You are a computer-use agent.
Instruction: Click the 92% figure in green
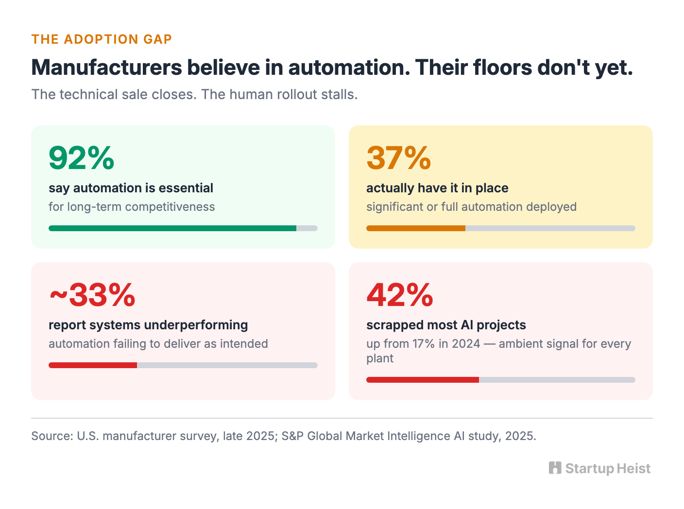pyautogui.click(x=82, y=158)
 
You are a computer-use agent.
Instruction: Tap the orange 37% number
pyautogui.click(x=398, y=158)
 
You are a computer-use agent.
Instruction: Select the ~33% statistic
pyautogui.click(x=92, y=295)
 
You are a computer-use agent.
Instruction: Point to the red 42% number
pyautogui.click(x=400, y=295)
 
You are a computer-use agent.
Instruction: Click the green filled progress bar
pyautogui.click(x=172, y=228)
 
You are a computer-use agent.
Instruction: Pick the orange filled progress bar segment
pyautogui.click(x=416, y=228)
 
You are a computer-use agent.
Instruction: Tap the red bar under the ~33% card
pyautogui.click(x=93, y=365)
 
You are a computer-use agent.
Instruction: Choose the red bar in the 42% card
pyautogui.click(x=423, y=379)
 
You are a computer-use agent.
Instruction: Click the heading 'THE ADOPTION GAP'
pyautogui.click(x=102, y=39)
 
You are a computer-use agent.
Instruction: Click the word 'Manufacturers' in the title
pyautogui.click(x=107, y=67)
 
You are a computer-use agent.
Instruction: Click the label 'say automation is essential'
pyautogui.click(x=131, y=188)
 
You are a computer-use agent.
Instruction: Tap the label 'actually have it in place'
pyautogui.click(x=437, y=188)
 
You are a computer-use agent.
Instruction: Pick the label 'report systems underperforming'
pyautogui.click(x=148, y=325)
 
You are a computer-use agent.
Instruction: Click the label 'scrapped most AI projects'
pyautogui.click(x=446, y=325)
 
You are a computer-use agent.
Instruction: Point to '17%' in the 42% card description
pyautogui.click(x=424, y=343)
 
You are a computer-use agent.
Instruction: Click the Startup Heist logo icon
pyautogui.click(x=555, y=468)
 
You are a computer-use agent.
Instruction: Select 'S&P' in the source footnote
pyautogui.click(x=292, y=436)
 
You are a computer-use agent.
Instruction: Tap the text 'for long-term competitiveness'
pyautogui.click(x=132, y=206)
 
